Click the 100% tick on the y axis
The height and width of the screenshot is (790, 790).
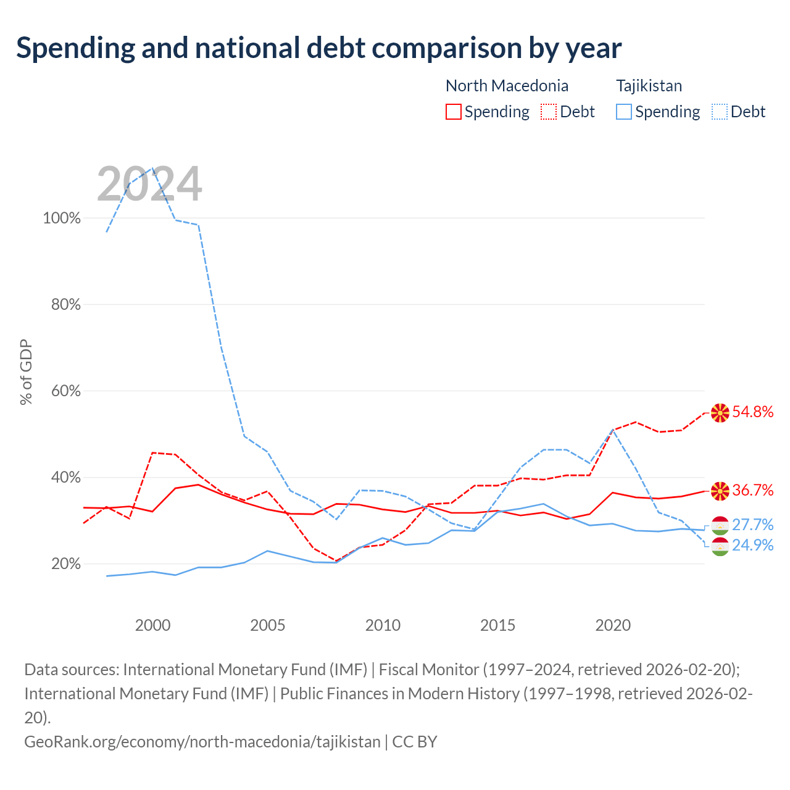62,218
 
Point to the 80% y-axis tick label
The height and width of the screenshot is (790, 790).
65,305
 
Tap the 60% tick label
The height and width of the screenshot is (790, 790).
65,391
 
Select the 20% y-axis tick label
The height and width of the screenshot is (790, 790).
65,563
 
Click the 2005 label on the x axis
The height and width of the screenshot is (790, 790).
268,625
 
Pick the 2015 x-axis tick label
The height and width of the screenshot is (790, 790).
497,625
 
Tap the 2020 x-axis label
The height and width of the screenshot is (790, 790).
613,625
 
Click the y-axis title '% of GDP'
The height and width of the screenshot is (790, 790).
26,372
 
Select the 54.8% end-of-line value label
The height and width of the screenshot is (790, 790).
753,412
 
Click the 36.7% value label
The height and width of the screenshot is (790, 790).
753,490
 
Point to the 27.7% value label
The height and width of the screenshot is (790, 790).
753,525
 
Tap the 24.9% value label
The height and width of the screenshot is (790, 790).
753,545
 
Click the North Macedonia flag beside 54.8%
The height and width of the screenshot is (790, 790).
720,413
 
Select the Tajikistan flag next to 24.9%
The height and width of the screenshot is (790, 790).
720,547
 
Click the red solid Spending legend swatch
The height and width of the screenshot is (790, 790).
454,112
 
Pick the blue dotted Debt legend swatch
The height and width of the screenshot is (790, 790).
720,112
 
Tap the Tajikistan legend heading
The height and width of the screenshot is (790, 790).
649,86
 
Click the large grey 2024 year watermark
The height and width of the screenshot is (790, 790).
149,184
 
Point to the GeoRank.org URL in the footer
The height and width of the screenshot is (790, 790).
202,742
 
